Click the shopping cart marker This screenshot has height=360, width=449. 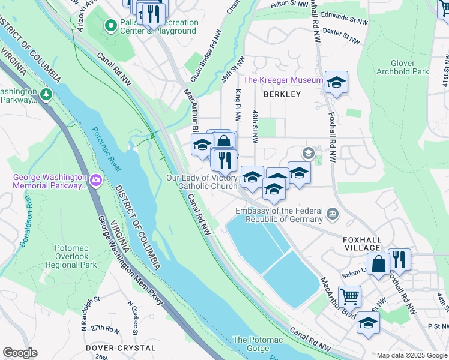pos(349,296)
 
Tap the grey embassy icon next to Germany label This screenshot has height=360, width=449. pos(332,213)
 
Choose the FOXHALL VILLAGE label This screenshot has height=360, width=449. pos(362,243)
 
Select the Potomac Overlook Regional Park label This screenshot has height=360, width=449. pos(76,256)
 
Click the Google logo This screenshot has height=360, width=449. pos(20,353)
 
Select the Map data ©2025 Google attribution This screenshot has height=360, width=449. pos(411,355)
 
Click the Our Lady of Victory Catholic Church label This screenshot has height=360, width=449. pos(202,182)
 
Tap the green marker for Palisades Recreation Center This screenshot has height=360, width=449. pos(110,25)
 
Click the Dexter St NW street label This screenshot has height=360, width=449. pos(340,35)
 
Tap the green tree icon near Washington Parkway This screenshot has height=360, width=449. pos(46,95)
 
